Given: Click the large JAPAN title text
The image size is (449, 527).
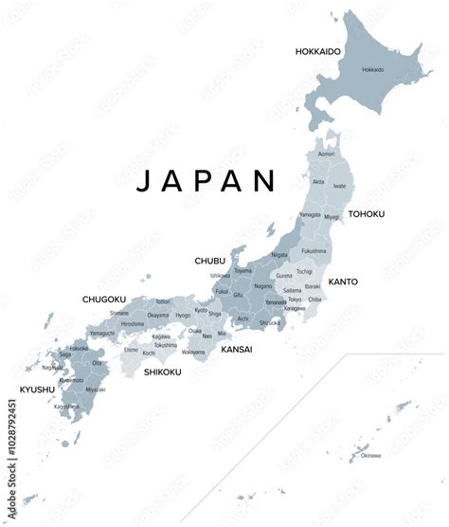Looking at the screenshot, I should [206, 180].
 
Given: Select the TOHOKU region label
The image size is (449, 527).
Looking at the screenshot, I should [367, 214].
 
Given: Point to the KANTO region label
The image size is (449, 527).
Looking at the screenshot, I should [343, 282].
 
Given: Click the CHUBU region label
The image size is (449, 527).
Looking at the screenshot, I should [209, 260].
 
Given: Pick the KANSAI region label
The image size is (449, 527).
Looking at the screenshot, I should [236, 350].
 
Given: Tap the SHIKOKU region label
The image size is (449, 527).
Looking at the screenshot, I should [163, 372].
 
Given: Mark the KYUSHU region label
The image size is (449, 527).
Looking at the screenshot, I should [38, 389].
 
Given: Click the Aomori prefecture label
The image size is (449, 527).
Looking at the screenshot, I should [326, 154].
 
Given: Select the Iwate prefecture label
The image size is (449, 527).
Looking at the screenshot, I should [339, 187].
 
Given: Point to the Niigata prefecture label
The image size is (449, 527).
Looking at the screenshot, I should [279, 254].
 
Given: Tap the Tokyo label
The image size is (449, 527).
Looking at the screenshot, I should [295, 300].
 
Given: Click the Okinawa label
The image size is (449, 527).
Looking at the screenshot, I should [370, 456].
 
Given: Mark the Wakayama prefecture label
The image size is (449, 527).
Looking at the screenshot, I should [193, 352].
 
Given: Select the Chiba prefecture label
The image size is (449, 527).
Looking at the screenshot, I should [314, 300].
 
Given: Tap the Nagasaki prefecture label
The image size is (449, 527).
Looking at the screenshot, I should [53, 367].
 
